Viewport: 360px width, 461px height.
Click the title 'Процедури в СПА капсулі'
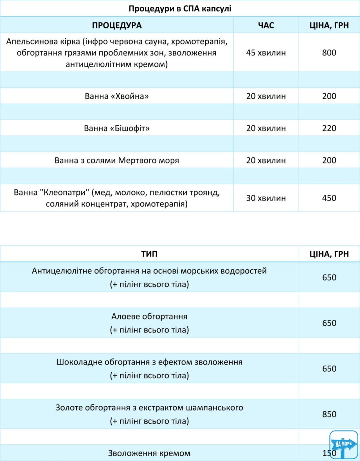[x=180, y=9]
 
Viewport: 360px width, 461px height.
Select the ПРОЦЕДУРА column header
[x=117, y=25]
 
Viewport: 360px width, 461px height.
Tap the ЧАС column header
[x=266, y=25]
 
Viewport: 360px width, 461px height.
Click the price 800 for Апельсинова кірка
[x=329, y=53]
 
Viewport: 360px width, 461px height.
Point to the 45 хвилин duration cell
[x=266, y=53]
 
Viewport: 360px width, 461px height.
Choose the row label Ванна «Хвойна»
[x=117, y=96]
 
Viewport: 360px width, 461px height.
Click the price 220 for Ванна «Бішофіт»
[x=329, y=128]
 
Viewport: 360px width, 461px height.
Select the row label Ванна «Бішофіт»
[x=117, y=128]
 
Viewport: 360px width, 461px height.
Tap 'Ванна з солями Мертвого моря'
[x=117, y=160]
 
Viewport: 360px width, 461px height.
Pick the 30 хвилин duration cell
[x=266, y=198]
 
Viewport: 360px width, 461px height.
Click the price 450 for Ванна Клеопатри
[x=329, y=198]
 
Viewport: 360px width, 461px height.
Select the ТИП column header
[x=149, y=254]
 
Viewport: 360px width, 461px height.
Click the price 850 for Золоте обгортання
[x=329, y=414]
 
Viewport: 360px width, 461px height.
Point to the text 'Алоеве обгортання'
[x=149, y=317]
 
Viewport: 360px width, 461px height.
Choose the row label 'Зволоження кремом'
[x=149, y=453]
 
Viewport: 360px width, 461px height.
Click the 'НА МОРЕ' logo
[x=343, y=444]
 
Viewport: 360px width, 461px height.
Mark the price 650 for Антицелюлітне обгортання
[x=329, y=277]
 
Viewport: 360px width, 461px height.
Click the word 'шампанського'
[x=215, y=408]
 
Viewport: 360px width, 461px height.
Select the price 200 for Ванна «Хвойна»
[x=329, y=96]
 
